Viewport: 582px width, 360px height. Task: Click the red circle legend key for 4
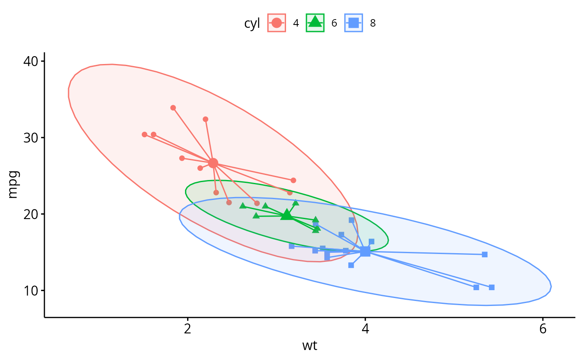pyautogui.click(x=276, y=23)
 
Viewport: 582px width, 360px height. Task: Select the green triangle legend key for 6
pyautogui.click(x=315, y=23)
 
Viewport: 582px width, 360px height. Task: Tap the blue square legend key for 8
pyautogui.click(x=354, y=23)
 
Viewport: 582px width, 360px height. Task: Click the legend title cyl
pyautogui.click(x=252, y=24)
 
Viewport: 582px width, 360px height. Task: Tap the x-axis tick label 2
pyautogui.click(x=187, y=328)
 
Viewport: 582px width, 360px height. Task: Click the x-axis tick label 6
pyautogui.click(x=543, y=328)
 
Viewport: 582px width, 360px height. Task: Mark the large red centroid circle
pyautogui.click(x=213, y=163)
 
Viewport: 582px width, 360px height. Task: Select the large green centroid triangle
pyautogui.click(x=286, y=215)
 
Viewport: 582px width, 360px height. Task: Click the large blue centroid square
pyautogui.click(x=365, y=251)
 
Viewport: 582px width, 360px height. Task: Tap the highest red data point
pyautogui.click(x=173, y=108)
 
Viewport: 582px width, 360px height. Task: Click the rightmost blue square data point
pyautogui.click(x=491, y=287)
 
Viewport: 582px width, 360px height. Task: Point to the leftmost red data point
pyautogui.click(x=144, y=134)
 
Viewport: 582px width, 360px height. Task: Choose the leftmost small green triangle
pyautogui.click(x=243, y=206)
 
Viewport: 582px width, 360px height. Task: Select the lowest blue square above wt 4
pyautogui.click(x=351, y=265)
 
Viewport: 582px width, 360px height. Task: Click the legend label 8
pyautogui.click(x=373, y=24)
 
